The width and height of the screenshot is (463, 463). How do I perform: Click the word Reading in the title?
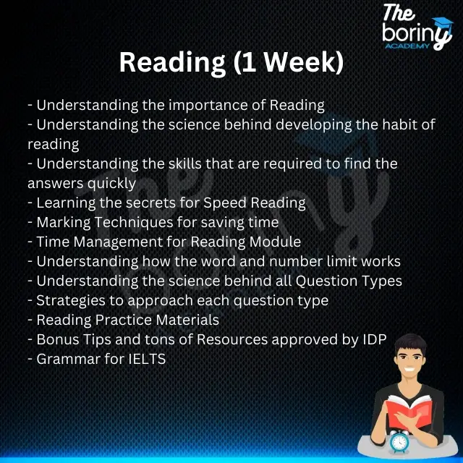click(171, 63)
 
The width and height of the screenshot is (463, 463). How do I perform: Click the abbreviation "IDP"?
click(372, 339)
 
